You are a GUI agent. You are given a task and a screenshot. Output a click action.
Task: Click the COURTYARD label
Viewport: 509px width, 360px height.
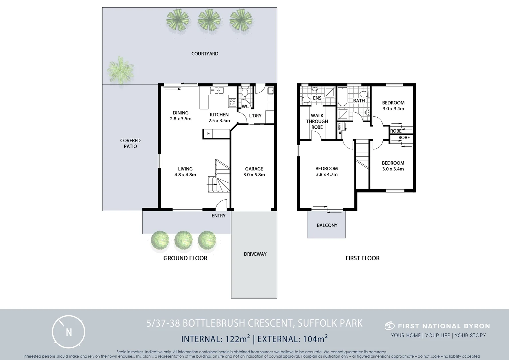click(x=205, y=54)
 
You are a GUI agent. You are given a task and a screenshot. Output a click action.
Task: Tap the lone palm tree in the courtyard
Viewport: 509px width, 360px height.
click(x=120, y=70)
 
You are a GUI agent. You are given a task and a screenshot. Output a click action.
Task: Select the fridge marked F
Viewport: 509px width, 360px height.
click(x=209, y=134)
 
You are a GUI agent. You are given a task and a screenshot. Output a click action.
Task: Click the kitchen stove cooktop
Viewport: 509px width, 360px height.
click(x=233, y=102)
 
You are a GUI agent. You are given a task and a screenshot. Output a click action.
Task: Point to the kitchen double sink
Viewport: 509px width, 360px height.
click(x=217, y=91)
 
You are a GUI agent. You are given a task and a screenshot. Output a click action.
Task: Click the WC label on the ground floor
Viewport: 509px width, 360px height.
click(x=245, y=107)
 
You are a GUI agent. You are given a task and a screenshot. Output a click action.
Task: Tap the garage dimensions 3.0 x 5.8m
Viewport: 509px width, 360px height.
click(x=254, y=175)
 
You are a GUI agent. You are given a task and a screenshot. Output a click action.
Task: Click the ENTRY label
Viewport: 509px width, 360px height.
click(x=219, y=216)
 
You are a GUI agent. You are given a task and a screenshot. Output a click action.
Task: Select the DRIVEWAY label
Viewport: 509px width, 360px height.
click(x=255, y=254)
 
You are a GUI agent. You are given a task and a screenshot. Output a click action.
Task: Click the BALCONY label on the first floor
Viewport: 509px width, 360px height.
click(x=327, y=225)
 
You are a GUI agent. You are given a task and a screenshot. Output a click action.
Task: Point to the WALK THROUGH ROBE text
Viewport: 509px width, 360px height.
click(x=317, y=121)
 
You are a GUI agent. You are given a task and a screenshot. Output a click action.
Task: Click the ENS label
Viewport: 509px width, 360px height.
click(x=317, y=98)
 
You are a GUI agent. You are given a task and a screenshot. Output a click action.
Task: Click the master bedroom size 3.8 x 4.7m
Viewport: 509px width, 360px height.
click(x=327, y=174)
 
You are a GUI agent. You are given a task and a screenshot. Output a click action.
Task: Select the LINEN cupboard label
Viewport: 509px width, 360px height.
click(x=339, y=126)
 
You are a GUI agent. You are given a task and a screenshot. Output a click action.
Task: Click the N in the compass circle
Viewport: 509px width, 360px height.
click(x=69, y=332)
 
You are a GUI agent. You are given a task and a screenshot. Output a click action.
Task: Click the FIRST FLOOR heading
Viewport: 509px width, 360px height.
click(x=362, y=258)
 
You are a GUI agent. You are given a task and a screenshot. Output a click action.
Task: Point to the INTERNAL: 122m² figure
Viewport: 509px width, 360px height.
click(x=216, y=339)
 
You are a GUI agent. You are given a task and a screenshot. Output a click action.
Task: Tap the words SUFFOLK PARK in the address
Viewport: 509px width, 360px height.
click(x=330, y=323)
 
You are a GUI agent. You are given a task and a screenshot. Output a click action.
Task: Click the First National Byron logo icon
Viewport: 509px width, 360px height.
click(x=390, y=326)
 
